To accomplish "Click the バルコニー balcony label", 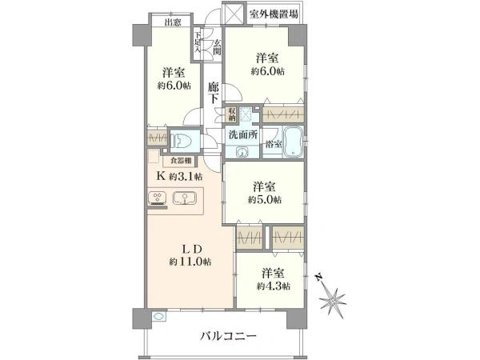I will point(228,336).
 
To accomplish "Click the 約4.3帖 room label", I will point(273,279).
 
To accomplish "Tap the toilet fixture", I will point(182,142).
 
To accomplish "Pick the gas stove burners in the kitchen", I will point(157,199).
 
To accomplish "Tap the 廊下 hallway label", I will point(214,92).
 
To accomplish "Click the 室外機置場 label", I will point(274,14).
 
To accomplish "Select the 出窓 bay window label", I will point(172,22).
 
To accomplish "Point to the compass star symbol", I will point(333,302).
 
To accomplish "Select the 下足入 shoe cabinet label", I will point(198,45).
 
